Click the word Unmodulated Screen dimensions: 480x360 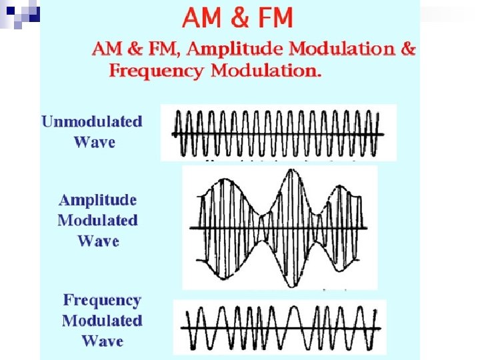coord(92,121)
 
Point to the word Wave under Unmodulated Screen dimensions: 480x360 coord(94,142)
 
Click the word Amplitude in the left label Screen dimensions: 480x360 coord(97,199)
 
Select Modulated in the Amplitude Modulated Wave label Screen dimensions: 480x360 coord(97,220)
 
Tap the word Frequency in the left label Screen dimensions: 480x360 coord(102,301)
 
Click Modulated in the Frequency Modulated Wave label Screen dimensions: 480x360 coord(102,321)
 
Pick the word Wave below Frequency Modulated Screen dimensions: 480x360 coord(103,341)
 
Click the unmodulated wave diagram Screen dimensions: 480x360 coord(278,133)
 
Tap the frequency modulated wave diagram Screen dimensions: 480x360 coord(279,327)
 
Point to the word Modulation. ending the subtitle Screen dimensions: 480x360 coord(266,71)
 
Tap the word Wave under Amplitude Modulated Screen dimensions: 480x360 coord(99,241)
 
